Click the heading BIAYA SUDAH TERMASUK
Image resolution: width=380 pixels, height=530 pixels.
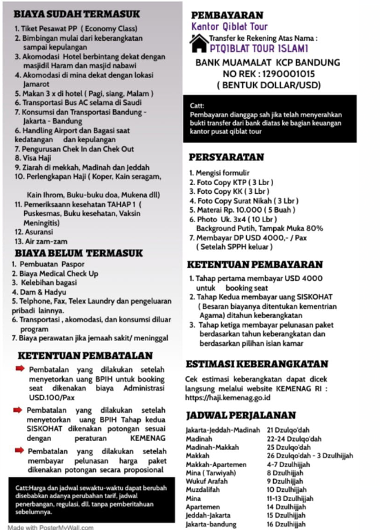pyautogui.click(x=77, y=14)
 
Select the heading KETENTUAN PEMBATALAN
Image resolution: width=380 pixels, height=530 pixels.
pyautogui.click(x=84, y=355)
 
